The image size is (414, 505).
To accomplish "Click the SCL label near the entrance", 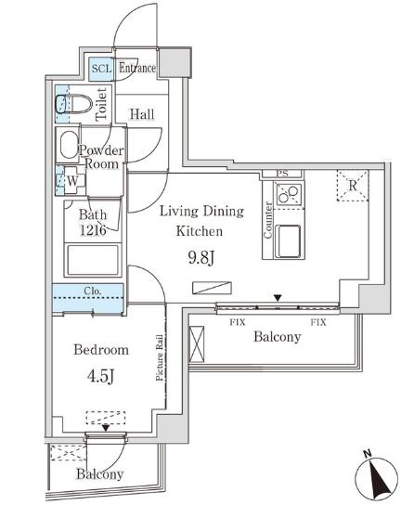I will point(100,69).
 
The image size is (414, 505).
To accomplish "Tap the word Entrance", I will point(136,69).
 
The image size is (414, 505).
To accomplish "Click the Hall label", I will point(142,114).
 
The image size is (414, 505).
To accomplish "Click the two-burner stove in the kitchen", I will point(287,194).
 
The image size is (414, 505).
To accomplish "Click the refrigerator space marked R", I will point(352,186).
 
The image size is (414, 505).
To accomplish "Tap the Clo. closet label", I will point(93,291).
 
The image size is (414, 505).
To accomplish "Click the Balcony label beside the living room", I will point(277,337).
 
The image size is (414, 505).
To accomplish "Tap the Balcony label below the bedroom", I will point(100,474).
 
